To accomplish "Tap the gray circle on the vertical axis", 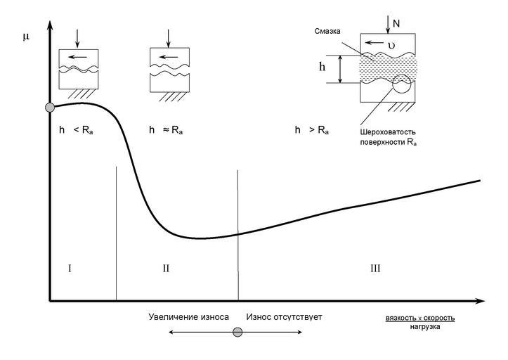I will tap(49, 108).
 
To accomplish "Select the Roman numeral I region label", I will tap(70, 268).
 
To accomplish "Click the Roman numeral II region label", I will tap(166, 268).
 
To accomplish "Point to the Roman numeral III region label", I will tap(375, 268).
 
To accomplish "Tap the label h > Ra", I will tap(311, 131).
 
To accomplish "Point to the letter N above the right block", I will tap(396, 24).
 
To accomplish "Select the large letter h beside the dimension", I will tap(323, 68).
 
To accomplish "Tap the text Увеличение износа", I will tap(189, 317).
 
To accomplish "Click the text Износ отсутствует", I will tap(284, 317).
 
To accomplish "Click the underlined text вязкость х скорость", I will tap(420, 318).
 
